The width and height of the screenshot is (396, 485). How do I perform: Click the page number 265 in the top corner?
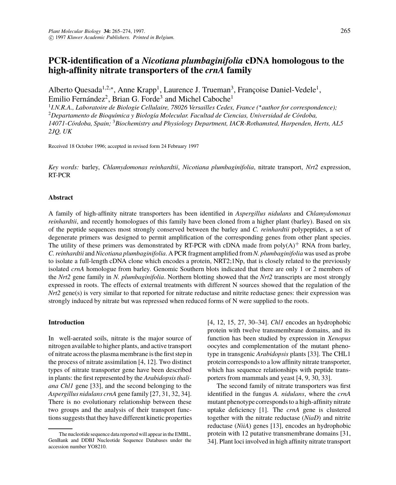345,31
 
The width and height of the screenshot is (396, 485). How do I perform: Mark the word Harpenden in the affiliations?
298,124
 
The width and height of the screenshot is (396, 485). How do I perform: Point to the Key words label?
64,167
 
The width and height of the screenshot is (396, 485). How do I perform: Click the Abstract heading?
61,197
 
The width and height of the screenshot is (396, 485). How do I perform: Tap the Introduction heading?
66,322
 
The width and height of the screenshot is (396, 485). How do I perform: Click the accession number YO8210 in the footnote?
97,447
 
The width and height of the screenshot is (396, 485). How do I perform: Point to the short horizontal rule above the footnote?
60,428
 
